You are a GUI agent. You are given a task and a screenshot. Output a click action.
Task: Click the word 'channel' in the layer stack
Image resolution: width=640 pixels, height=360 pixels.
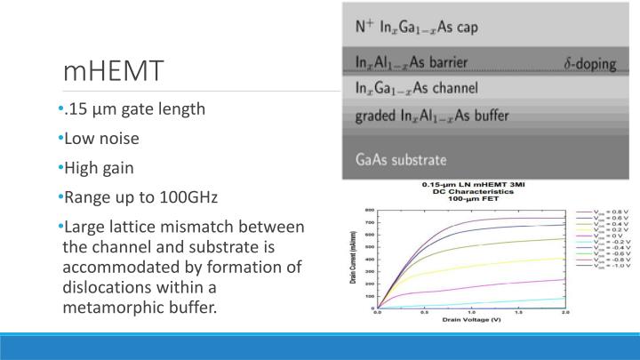(452, 88)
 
